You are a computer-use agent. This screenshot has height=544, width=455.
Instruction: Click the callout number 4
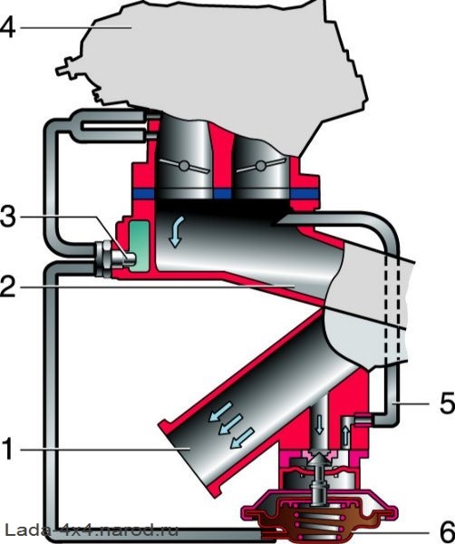pyautogui.click(x=7, y=27)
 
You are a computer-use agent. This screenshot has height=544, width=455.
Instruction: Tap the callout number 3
pyautogui.click(x=7, y=217)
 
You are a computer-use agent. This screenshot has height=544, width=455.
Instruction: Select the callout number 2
pyautogui.click(x=7, y=286)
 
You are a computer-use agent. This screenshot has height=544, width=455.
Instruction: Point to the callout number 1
pyautogui.click(x=7, y=450)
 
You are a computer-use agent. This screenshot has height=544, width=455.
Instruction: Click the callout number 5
pyautogui.click(x=447, y=403)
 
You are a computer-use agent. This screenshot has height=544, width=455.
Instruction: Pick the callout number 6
pyautogui.click(x=448, y=531)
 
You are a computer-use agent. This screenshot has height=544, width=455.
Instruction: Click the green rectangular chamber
pyautogui.click(x=140, y=246)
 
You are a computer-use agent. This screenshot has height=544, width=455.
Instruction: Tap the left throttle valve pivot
pyautogui.click(x=184, y=166)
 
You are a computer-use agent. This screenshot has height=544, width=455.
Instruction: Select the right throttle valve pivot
pyautogui.click(x=260, y=166)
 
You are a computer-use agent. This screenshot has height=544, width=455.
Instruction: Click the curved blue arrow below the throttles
pyautogui.click(x=177, y=231)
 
